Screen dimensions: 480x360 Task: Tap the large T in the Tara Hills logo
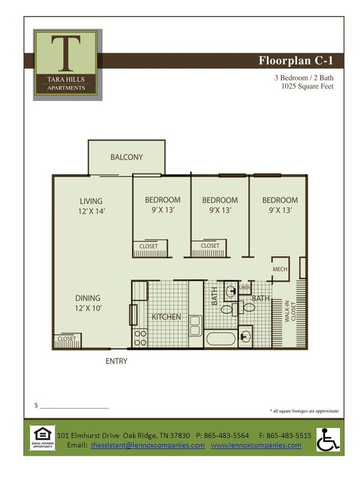[66, 53]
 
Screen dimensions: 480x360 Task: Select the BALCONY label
[126, 157]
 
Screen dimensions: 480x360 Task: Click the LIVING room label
[91, 201]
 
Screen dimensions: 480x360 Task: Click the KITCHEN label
[166, 317]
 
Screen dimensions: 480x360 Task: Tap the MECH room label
[280, 270]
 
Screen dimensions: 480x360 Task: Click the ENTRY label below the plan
[116, 362]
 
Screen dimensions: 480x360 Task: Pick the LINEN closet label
[244, 288]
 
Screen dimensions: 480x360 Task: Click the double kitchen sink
[195, 325]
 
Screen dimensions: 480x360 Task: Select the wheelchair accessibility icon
[328, 440]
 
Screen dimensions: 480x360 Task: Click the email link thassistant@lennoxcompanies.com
[147, 445]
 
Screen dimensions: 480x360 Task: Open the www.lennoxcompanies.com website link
[256, 445]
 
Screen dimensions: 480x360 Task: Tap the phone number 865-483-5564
[227, 435]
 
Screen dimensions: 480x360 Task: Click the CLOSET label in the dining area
[66, 338]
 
